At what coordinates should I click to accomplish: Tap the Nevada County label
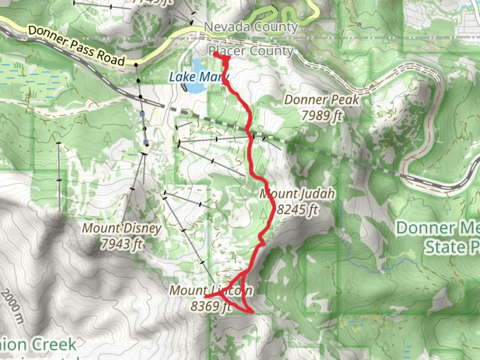coord(251,27)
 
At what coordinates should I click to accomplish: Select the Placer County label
coord(251,51)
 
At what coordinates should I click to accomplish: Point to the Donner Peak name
coord(322,100)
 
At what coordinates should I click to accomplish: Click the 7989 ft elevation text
coord(322,116)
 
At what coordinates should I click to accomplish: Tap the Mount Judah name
coord(297,194)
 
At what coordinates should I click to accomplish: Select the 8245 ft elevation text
coord(298,210)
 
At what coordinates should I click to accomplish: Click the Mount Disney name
coord(122,228)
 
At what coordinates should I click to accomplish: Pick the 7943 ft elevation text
coord(122,244)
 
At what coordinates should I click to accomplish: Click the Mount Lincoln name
coord(211,290)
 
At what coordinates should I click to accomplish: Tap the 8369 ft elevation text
coord(211,306)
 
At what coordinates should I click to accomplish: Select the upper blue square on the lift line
coord(142,114)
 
